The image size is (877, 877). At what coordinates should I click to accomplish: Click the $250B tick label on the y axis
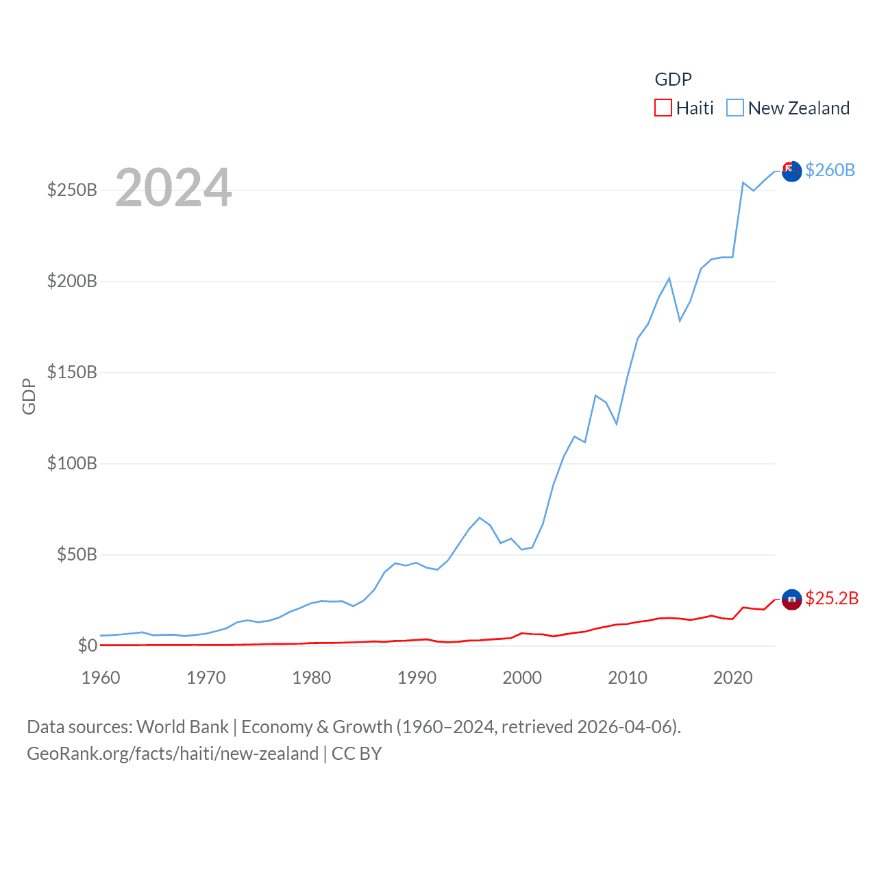pyautogui.click(x=72, y=190)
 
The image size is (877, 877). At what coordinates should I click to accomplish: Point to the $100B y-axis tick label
pyautogui.click(x=72, y=463)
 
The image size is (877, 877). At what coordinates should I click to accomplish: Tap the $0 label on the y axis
pyautogui.click(x=87, y=645)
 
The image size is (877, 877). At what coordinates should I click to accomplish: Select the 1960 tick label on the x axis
pyautogui.click(x=101, y=678)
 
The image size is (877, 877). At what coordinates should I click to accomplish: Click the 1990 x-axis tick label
pyautogui.click(x=417, y=678)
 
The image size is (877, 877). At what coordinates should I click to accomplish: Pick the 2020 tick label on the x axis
pyautogui.click(x=732, y=678)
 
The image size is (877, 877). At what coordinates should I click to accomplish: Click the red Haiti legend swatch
pyautogui.click(x=663, y=108)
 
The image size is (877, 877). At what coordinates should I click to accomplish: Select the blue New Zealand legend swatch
pyautogui.click(x=735, y=108)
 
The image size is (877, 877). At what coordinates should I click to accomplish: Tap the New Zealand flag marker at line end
pyautogui.click(x=791, y=171)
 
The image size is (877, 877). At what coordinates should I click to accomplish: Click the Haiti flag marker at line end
pyautogui.click(x=791, y=600)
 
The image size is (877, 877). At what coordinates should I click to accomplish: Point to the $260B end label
pyautogui.click(x=830, y=170)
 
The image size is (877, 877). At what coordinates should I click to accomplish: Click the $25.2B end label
pyautogui.click(x=832, y=598)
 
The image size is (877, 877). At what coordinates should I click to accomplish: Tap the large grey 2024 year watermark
pyautogui.click(x=173, y=188)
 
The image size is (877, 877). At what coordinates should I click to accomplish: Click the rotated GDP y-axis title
pyautogui.click(x=29, y=396)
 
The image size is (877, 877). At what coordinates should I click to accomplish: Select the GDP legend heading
pyautogui.click(x=673, y=79)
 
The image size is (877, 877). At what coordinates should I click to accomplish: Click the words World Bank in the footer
pyautogui.click(x=183, y=726)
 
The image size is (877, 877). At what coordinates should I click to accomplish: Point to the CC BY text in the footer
pyautogui.click(x=356, y=754)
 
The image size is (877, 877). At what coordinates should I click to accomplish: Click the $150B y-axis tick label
pyautogui.click(x=72, y=372)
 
